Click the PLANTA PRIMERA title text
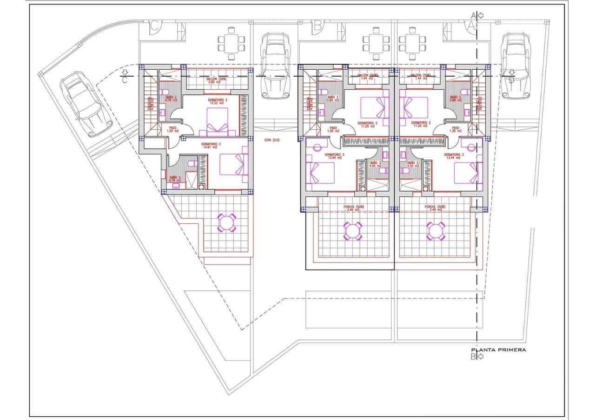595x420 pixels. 498,350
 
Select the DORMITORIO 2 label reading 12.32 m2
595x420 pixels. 211,102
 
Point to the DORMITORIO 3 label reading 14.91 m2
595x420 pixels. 211,146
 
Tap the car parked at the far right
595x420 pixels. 515,65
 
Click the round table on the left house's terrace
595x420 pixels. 227,222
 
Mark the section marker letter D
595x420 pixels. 511,79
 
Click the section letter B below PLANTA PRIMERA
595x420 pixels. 473,357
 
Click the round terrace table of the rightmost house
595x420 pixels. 436,231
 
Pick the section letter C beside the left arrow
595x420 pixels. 125,80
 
